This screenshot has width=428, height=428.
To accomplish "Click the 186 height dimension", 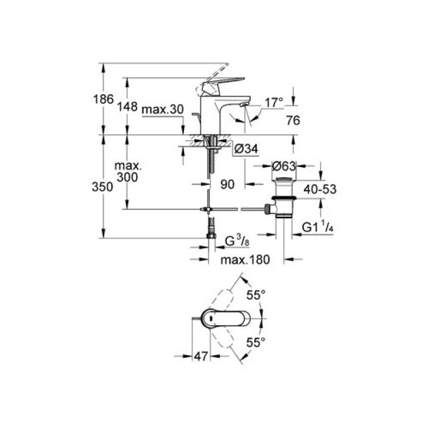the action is point(103,99).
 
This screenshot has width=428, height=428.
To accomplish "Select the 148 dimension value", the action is point(127,106).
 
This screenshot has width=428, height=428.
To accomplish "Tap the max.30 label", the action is point(163,110).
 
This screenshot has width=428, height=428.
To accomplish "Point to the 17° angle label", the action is point(274,103).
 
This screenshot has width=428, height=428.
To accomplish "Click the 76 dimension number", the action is point(293,120).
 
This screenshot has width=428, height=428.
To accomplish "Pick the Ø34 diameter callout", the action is point(246,149).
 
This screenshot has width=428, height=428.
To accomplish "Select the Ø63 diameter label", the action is point(284,166).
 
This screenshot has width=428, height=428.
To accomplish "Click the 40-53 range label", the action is point(320,189).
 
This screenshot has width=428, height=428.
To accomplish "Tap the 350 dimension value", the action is point(102,187).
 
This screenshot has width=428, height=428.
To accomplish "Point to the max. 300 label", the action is point(128,171).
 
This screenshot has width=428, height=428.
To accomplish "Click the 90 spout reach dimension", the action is point(227,185).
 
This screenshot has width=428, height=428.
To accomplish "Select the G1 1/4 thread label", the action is point(318,227).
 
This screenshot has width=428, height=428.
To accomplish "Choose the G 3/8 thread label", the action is point(237,241).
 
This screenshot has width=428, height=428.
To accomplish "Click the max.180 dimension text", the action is point(245,259).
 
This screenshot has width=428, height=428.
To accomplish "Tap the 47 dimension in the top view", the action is point(201,356).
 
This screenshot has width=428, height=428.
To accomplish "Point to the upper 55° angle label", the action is point(256,295).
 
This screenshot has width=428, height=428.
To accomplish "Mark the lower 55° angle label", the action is point(256,342).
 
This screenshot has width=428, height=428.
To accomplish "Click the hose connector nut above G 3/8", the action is point(211,236).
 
